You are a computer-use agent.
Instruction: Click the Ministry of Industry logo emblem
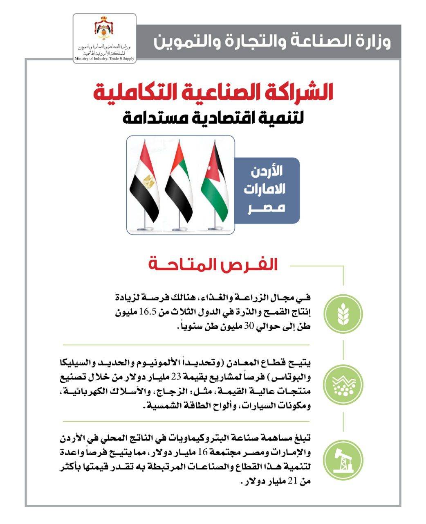point(104,29)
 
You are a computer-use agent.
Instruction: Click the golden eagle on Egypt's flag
point(149,180)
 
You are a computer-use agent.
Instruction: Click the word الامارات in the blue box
point(265,190)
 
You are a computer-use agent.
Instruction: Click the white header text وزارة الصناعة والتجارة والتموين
point(272,42)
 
